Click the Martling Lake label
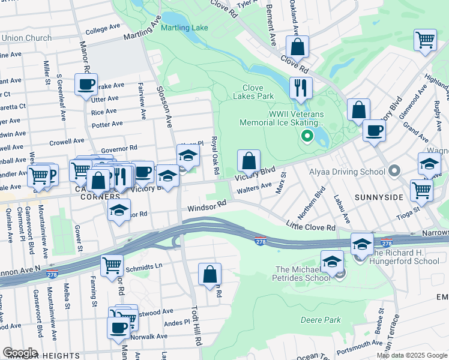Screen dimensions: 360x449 click(x=184, y=28)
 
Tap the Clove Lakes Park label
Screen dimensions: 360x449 click(x=258, y=92)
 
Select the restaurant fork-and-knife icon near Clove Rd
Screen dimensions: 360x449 click(x=301, y=88)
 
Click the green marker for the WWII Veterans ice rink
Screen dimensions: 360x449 click(x=307, y=137)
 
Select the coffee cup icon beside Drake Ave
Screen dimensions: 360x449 click(x=86, y=83)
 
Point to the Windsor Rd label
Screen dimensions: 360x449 click(x=206, y=205)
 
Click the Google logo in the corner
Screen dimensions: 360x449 click(x=19, y=353)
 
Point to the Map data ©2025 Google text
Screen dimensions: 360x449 click(x=412, y=355)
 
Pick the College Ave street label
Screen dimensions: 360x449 click(x=104, y=29)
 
